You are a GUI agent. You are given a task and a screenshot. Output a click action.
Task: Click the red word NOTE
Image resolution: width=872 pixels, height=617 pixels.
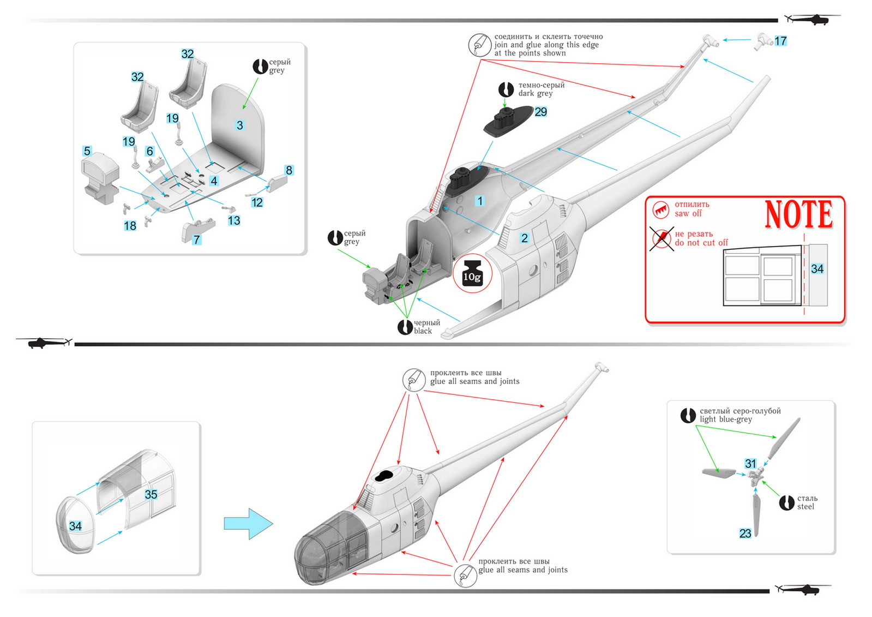[x=799, y=214]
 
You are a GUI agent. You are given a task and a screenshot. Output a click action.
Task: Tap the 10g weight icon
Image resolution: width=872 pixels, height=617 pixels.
[x=472, y=273]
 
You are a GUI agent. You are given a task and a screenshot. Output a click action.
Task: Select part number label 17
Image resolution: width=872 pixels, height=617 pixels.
[x=780, y=41]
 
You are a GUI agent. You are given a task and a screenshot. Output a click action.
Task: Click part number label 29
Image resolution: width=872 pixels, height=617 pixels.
[x=540, y=112]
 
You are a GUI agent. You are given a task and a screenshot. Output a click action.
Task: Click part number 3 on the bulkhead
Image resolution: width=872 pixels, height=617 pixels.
[x=239, y=125]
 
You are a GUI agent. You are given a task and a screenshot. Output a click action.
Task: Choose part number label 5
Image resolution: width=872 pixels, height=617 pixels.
[x=87, y=151]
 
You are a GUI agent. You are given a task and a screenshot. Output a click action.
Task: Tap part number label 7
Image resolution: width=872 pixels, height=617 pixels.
[x=197, y=239]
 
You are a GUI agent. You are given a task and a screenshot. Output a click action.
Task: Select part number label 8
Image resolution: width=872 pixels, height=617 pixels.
[x=289, y=170]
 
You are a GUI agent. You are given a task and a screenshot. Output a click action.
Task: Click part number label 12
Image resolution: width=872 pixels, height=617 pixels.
[x=257, y=202]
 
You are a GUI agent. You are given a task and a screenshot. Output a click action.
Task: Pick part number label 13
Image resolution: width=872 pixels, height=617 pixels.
[x=234, y=220]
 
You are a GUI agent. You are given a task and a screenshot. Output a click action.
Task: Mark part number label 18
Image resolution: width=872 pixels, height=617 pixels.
[x=130, y=226]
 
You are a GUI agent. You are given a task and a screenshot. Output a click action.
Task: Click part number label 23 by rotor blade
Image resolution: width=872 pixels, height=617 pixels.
[x=745, y=534]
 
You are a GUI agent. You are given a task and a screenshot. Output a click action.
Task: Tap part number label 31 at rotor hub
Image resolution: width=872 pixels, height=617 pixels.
[x=751, y=464]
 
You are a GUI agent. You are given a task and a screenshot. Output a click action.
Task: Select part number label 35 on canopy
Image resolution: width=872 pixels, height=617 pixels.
[x=151, y=494]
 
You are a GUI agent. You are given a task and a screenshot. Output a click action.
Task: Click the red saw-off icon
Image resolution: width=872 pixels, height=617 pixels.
[x=661, y=209]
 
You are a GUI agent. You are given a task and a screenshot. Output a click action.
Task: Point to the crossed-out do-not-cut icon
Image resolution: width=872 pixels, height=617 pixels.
[x=661, y=238]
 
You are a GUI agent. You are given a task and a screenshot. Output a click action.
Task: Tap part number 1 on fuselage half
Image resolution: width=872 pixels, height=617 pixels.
[x=480, y=201]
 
